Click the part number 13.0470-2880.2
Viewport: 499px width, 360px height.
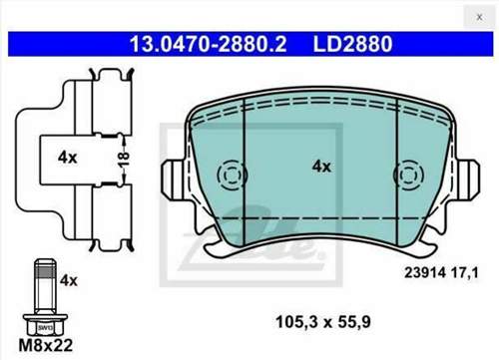click(x=208, y=44)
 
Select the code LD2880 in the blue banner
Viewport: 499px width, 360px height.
click(x=352, y=44)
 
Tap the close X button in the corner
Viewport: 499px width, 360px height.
click(x=479, y=17)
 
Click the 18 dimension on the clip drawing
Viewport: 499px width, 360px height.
click(x=124, y=160)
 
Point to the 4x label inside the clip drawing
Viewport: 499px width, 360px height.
click(x=67, y=157)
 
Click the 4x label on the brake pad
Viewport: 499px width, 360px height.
click(x=321, y=167)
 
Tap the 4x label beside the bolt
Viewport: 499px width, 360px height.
click(x=69, y=280)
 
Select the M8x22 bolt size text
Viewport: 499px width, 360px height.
click(x=46, y=346)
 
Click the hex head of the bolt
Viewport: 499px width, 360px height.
click(x=45, y=324)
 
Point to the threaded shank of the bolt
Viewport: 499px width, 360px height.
click(x=45, y=286)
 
